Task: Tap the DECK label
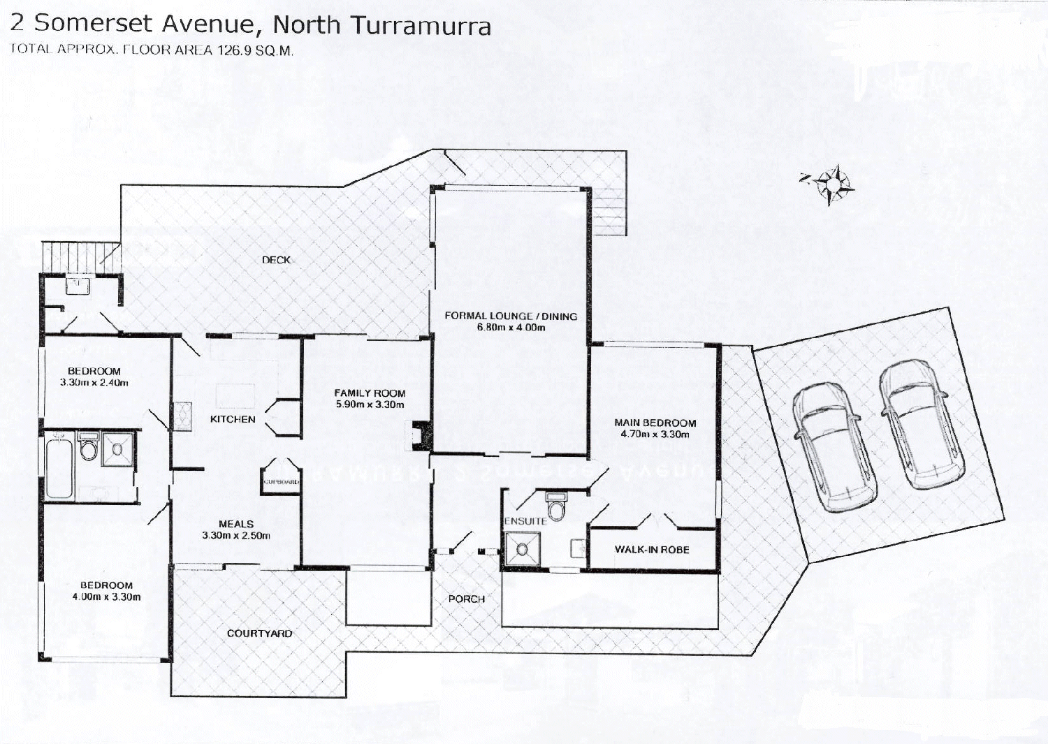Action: click(276, 260)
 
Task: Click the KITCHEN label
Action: click(233, 419)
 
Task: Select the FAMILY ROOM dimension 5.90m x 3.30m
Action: click(370, 404)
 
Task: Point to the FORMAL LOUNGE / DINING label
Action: click(511, 316)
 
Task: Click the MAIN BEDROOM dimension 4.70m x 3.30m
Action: click(655, 434)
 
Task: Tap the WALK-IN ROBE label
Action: click(652, 550)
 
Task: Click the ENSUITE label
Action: click(525, 521)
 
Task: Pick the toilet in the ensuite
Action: click(556, 508)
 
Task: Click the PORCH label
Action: click(467, 599)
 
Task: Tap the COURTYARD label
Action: click(259, 634)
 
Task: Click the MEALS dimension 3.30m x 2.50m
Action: click(236, 536)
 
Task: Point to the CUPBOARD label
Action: click(281, 482)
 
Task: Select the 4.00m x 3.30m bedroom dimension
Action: click(106, 597)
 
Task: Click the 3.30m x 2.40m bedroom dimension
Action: click(94, 383)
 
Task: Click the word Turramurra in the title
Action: click(420, 25)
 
